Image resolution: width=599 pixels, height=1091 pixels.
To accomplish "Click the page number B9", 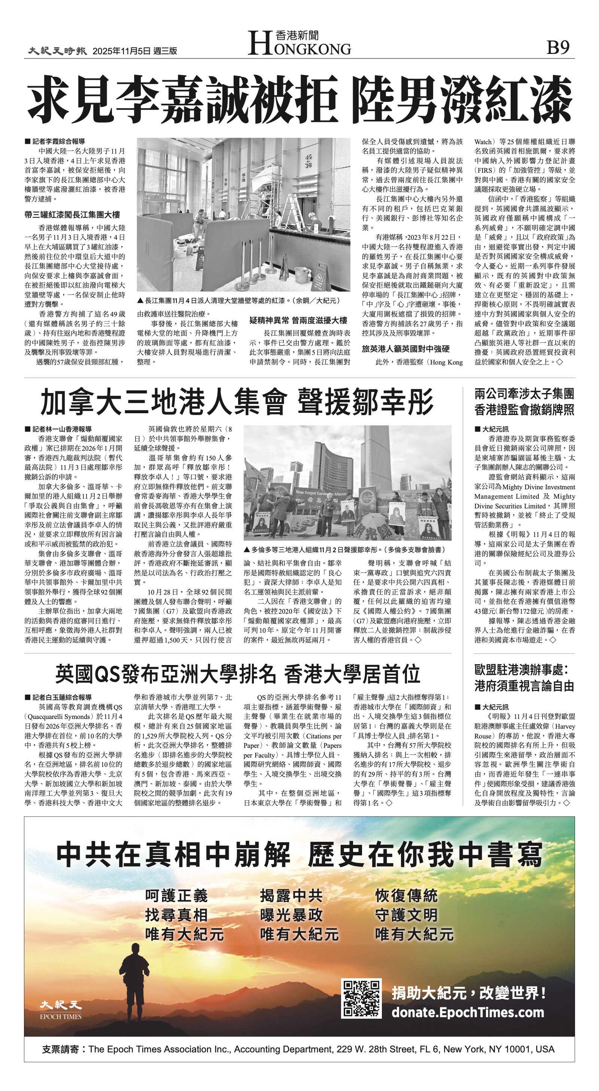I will coord(557,48).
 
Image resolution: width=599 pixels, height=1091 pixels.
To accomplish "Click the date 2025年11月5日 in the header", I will coord(122,51).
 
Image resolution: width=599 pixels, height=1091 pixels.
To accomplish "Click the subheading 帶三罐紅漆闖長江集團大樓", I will coord(72,215).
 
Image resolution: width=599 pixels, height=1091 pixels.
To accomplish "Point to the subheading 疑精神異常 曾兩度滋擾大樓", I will coord(298,321).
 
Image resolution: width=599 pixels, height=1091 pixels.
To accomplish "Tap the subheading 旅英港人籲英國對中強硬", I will coord(405,349).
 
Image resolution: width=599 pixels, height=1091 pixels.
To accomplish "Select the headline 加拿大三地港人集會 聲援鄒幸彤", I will coord(237,402).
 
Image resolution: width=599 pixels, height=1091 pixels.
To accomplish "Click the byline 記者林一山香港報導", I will coord(61,429).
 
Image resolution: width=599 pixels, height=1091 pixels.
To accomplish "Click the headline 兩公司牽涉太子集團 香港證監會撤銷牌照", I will coord(524,402).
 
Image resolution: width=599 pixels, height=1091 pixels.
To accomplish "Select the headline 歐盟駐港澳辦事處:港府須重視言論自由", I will coord(524,678).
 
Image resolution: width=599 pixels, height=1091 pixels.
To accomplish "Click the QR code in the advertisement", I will coord(361,998).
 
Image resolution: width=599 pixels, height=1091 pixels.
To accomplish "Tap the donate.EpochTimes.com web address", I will coord(467,1013).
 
